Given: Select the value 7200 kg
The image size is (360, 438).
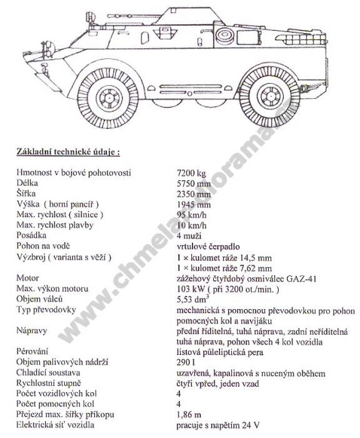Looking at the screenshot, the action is click(191, 173).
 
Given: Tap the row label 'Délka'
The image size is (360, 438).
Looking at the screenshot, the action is click(27, 183).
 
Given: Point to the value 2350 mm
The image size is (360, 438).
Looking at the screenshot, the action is click(194, 194).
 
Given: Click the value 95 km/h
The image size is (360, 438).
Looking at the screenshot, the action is click(192, 215).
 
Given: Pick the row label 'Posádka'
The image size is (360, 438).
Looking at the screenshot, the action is click(31, 235).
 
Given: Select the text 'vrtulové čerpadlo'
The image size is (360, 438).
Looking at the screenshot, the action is click(208, 247).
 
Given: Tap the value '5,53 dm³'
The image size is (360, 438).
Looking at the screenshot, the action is click(193, 299).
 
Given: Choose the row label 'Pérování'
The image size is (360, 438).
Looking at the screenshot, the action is click(32, 352).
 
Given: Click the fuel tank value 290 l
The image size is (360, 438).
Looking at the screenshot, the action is click(186, 362).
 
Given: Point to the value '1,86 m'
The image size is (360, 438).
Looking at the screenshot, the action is click(189, 415).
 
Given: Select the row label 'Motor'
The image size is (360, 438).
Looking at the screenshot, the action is click(27, 278).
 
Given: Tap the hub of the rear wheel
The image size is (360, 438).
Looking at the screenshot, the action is click(270, 96).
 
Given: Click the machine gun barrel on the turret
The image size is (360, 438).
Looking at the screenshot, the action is click(125, 14).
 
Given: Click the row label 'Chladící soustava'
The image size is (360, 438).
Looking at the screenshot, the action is click(48, 373).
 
